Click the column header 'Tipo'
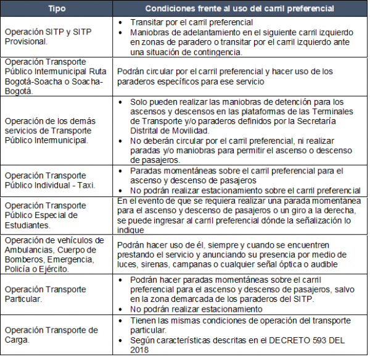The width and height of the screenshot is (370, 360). pos(57,9)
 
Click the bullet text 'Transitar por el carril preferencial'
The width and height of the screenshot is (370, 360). pos(184,21)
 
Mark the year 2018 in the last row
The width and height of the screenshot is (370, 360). pos(141,350)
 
